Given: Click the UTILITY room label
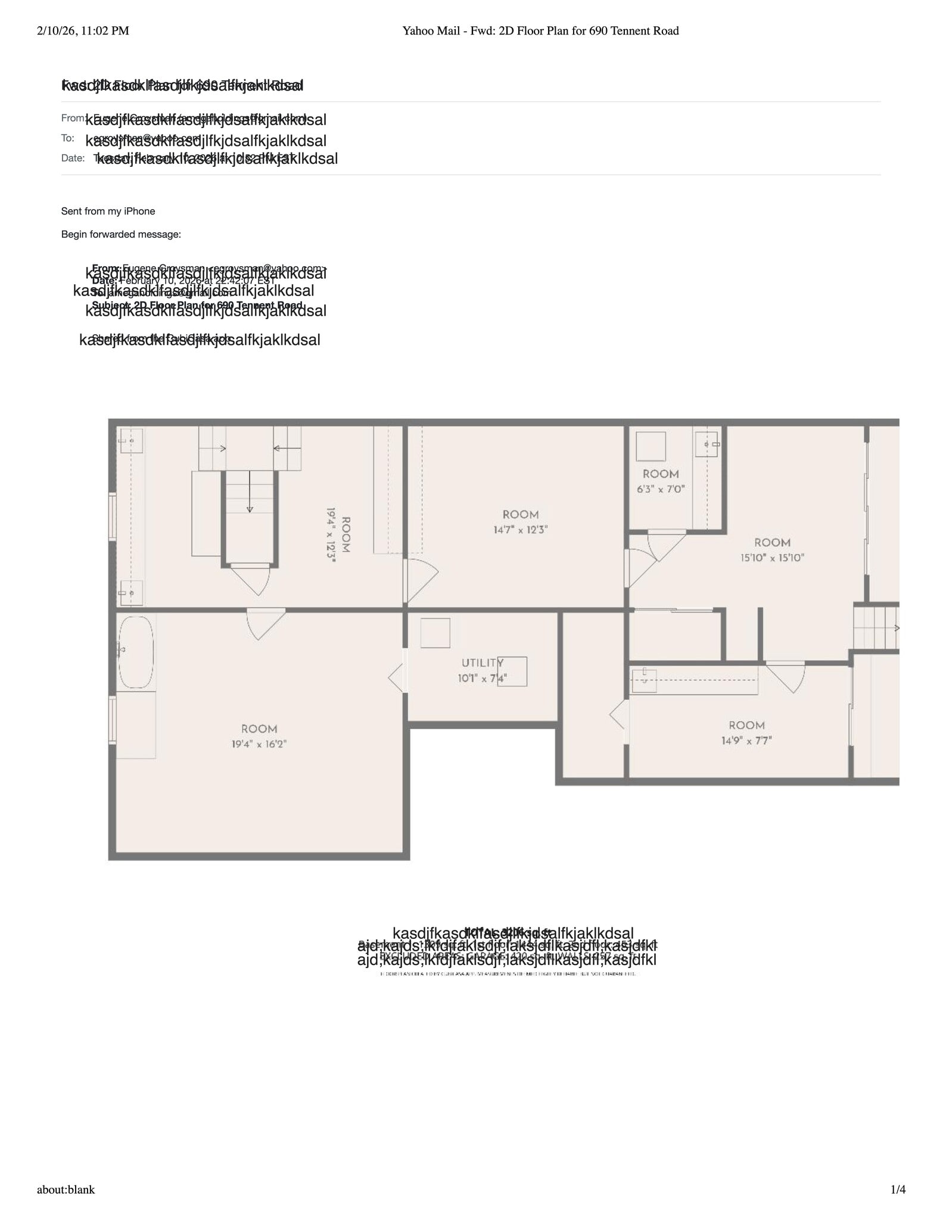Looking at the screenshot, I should pos(483,663).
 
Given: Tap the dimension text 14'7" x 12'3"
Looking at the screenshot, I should pos(520,530).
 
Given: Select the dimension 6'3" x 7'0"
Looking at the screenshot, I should pos(661,489).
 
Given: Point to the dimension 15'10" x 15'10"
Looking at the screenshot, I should pos(772,558).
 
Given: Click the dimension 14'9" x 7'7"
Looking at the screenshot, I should pos(746,740).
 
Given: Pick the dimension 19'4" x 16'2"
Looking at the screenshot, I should pos(259,744).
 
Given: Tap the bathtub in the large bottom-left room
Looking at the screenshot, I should pos(136,652).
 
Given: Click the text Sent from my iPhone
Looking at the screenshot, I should pos(108,211).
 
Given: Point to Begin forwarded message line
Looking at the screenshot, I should pos(121,235).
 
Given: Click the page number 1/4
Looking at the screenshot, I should pos(898,1190).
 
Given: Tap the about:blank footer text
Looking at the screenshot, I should pos(66,1190).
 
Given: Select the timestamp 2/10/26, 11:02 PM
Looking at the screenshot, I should pos(83,31).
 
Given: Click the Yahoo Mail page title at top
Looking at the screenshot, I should pos(540,31).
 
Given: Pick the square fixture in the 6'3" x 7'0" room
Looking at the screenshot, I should pos(651,446).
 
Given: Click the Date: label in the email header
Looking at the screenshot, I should pos(73,158).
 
